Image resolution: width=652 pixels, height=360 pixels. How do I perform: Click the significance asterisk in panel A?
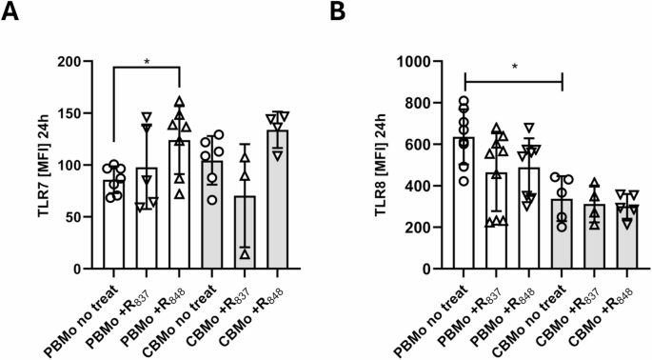pyautogui.click(x=148, y=61)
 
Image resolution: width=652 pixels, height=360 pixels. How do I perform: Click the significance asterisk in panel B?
pyautogui.click(x=514, y=68)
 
